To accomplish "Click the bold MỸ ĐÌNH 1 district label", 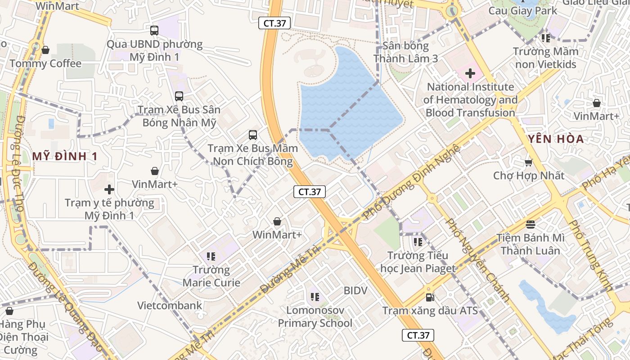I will coord(65,156).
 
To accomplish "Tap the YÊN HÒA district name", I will coord(556,139).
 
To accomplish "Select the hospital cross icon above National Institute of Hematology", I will coord(470,73).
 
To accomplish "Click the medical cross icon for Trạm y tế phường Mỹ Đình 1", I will coord(109,189).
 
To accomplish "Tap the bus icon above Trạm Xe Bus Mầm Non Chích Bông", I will coord(253,135).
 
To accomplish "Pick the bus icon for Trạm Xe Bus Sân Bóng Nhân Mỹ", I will coord(179,96).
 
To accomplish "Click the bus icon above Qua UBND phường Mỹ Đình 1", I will coord(154,31).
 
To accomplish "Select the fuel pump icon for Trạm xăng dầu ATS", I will coord(430,297).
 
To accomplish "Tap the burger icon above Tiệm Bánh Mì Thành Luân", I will coord(531,224).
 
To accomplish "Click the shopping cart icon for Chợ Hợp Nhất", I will coord(528,162).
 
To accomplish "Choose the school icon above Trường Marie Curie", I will coord(211,256).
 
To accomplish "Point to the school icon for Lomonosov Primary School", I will coord(315,297).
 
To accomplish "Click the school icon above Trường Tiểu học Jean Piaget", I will coord(418,242).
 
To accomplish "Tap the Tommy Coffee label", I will coord(45,63).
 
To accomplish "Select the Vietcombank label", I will coord(170,306).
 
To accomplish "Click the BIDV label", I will coord(355,290).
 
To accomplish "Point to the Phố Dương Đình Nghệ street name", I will coord(411,182).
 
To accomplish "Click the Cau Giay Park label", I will coord(523,11).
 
